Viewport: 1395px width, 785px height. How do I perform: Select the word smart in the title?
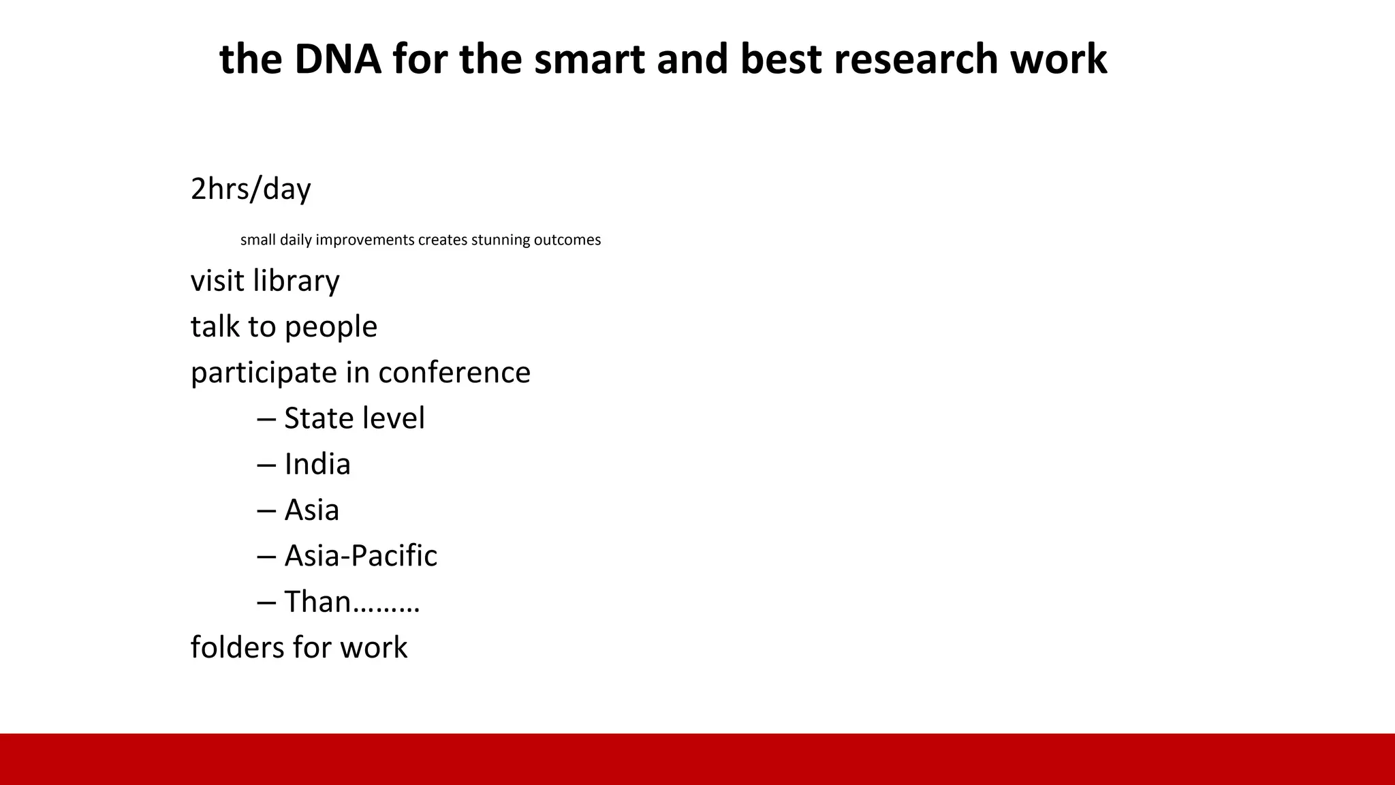(x=589, y=59)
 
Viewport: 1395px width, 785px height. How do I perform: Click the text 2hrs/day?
(x=251, y=189)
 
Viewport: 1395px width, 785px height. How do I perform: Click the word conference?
(x=454, y=372)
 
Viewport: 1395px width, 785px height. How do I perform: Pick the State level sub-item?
(x=354, y=418)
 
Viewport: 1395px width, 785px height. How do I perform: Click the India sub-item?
(x=317, y=464)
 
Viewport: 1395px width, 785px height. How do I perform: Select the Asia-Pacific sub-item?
(x=360, y=555)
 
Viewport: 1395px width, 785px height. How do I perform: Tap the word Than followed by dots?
(x=351, y=602)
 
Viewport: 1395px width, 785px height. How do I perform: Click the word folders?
(x=236, y=647)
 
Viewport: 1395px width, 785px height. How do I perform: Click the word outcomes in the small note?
(x=567, y=240)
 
